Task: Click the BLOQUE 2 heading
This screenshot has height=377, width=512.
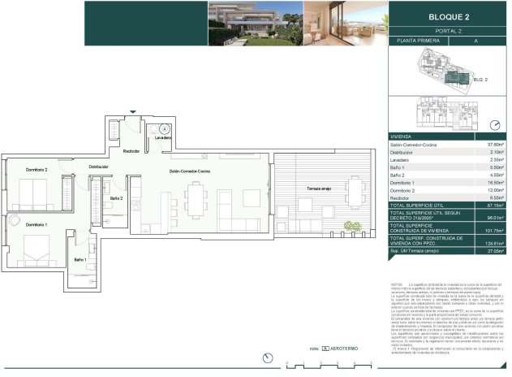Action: (449, 15)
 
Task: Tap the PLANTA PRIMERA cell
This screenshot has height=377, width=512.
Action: (418, 40)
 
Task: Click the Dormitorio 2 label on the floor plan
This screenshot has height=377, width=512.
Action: (37, 170)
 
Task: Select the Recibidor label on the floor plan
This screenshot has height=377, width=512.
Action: (132, 151)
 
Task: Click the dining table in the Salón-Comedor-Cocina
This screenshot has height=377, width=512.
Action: (196, 198)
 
